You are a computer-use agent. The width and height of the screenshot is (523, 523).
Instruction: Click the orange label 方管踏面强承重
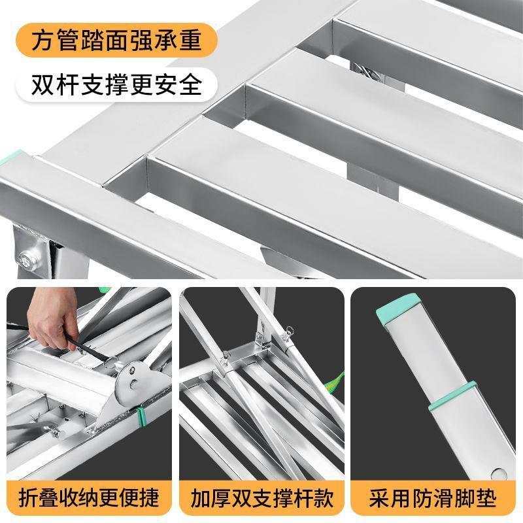[x=117, y=41]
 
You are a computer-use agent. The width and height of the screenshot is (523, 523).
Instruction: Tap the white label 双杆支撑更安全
[x=117, y=85]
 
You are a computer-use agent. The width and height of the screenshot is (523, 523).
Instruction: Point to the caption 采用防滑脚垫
[x=435, y=498]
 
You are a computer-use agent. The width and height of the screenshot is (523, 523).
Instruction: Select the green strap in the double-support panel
[x=335, y=381]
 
